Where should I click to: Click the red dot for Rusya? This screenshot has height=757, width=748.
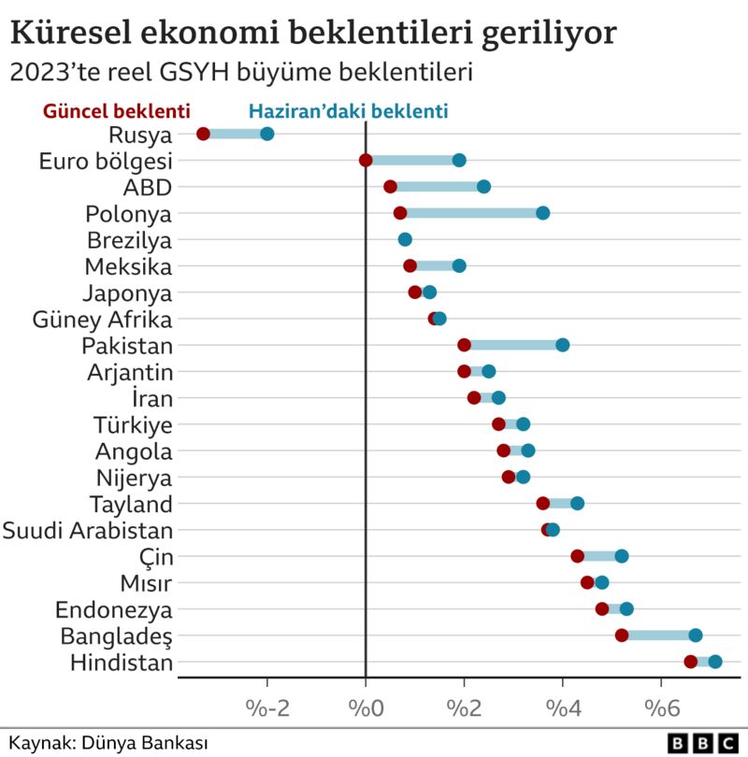click(x=203, y=134)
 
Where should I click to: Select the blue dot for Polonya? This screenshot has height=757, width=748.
click(x=542, y=213)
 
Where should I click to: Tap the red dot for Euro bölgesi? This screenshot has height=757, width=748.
click(x=366, y=160)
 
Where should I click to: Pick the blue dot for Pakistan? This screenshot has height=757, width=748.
click(x=562, y=345)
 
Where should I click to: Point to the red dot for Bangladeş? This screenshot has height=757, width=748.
click(x=622, y=636)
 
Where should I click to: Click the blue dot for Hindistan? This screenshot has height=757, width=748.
click(x=715, y=662)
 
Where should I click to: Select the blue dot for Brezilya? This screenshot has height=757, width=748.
click(x=405, y=239)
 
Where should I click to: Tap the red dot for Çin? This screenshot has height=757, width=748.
click(x=577, y=556)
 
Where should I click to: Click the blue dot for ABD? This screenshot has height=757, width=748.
click(x=483, y=187)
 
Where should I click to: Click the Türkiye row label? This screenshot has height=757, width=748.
click(x=133, y=424)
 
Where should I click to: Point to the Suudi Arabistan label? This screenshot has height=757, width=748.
click(x=88, y=531)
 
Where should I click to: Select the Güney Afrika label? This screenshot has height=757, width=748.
click(x=102, y=319)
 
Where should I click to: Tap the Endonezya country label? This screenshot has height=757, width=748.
click(x=114, y=610)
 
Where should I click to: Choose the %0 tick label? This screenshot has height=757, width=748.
click(x=366, y=704)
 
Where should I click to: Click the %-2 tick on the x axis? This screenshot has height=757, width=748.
click(x=267, y=704)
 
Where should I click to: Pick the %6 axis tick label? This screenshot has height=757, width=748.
click(x=661, y=704)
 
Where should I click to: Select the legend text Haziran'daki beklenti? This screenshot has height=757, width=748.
click(x=348, y=109)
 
